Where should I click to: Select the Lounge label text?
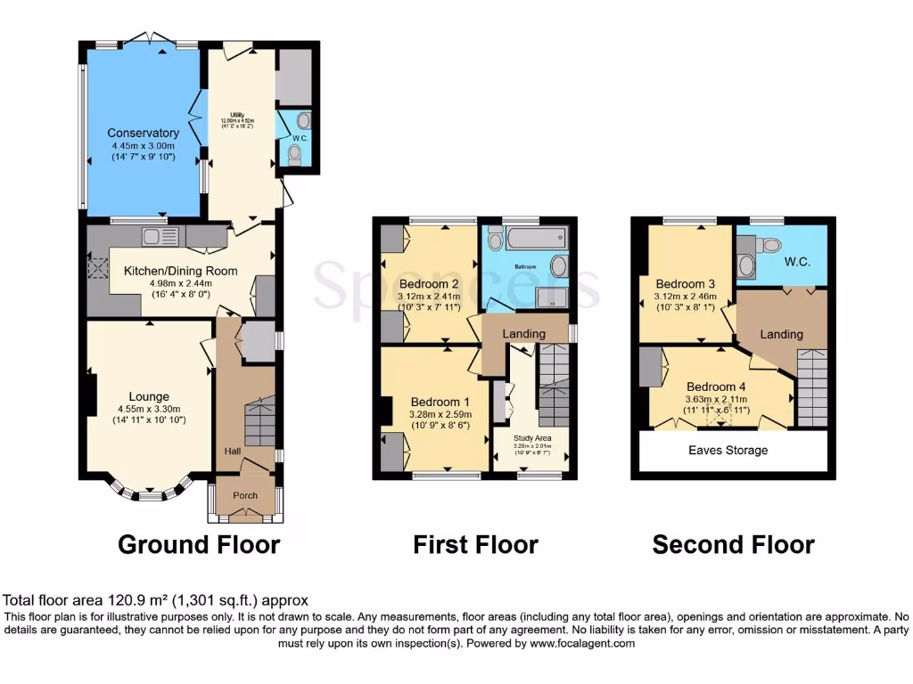148,396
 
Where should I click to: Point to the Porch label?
245,495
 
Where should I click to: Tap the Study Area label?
534,437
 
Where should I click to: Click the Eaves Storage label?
728,451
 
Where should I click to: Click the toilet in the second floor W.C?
770,245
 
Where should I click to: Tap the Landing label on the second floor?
781,334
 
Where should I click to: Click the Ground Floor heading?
199,544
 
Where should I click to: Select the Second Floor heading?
733,544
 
